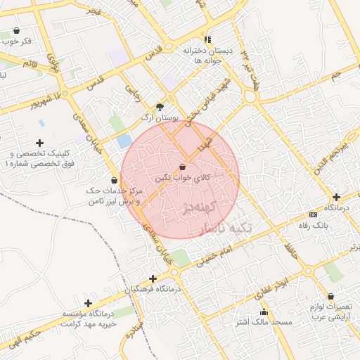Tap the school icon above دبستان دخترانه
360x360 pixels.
207,39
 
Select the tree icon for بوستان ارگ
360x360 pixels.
161,107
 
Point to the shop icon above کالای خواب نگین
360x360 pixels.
183,168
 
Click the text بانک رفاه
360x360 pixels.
314,225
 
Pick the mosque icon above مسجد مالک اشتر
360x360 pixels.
264,312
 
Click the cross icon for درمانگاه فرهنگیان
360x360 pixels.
153,278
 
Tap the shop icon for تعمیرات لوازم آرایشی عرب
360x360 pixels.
331,297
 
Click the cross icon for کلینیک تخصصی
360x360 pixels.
39,143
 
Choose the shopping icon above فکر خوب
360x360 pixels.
17,31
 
